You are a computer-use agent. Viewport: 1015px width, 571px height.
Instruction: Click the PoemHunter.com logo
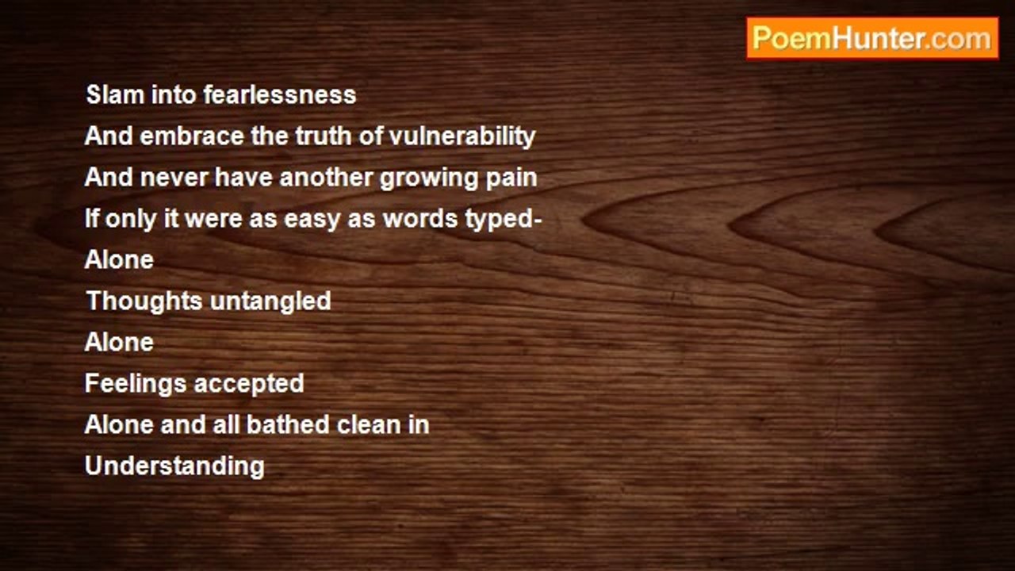click(x=872, y=39)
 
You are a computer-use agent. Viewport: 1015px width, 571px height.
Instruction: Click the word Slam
click(x=115, y=94)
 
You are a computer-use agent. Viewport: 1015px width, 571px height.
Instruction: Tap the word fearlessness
click(x=279, y=94)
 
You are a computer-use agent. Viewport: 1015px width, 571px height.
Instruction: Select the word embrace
click(x=192, y=136)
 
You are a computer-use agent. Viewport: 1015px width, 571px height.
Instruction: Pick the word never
click(x=174, y=177)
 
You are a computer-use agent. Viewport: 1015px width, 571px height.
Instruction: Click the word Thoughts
click(x=144, y=301)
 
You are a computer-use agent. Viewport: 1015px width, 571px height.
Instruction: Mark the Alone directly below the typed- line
click(x=119, y=259)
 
